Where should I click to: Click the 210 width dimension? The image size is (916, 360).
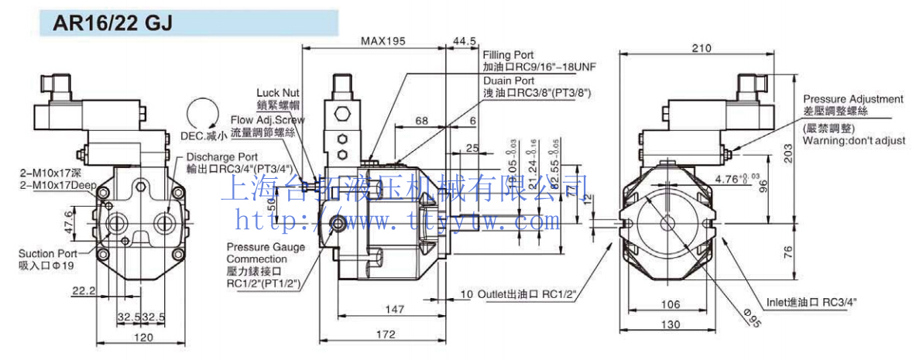point(701,48)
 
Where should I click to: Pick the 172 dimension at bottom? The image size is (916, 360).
point(385,335)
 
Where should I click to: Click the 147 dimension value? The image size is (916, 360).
point(395,309)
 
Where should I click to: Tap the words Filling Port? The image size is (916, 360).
point(508,56)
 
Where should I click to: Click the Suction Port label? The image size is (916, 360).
point(48,253)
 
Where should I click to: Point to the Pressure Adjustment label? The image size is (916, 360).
point(853,100)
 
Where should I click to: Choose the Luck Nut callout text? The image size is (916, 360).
point(278,93)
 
